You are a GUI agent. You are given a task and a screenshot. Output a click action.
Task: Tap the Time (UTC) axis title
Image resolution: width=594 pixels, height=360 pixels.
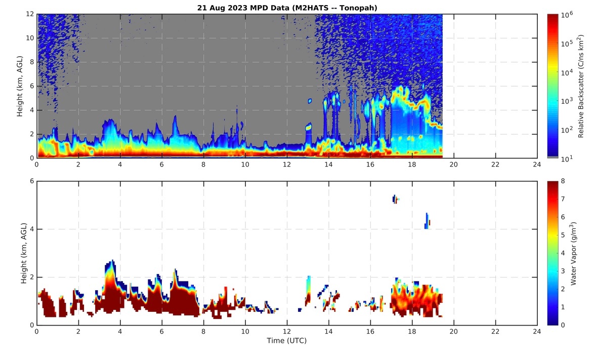pos(286,341)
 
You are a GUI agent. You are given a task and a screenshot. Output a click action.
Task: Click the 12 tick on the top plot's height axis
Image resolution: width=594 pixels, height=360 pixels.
pos(30,14)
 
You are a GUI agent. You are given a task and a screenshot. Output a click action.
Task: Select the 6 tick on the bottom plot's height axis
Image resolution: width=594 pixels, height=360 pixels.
pos(31,181)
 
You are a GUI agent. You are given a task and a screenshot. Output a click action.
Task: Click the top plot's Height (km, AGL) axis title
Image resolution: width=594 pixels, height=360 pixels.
pos(20,86)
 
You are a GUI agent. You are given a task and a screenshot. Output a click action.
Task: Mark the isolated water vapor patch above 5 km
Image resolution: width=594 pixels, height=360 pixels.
pos(395,199)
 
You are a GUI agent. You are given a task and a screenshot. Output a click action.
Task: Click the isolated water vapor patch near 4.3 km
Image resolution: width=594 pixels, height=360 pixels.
pos(428,221)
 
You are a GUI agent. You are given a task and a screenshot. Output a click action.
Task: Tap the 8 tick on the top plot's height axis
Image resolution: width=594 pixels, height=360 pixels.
pos(31,62)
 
